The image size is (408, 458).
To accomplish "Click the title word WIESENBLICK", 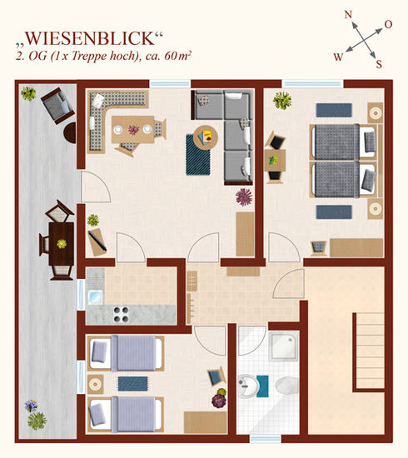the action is (90, 38).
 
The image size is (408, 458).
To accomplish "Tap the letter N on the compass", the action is (348, 14).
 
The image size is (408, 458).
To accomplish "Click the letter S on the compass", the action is (379, 63).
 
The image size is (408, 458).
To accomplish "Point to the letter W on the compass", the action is (338, 57).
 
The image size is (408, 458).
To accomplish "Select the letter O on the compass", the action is (388, 24).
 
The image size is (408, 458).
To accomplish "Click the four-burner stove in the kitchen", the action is (122, 314).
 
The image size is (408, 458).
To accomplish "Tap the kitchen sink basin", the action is (95, 296).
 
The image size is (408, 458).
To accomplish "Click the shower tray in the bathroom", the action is (284, 346).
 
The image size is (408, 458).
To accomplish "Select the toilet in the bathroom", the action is (286, 386).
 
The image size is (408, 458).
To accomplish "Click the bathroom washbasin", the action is (247, 386).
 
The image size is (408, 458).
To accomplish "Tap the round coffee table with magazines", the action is (206, 137).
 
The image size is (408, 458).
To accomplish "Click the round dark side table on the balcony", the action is (70, 132).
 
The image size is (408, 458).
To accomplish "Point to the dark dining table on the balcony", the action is (62, 244).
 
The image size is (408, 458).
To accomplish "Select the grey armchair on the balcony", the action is (57, 106).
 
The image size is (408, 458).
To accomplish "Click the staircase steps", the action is (370, 351).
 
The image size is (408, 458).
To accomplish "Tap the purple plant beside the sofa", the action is (244, 197).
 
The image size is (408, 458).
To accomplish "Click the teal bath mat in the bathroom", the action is (262, 386).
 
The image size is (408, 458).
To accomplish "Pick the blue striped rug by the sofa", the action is (197, 155).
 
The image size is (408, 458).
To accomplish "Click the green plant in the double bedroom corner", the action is (282, 101).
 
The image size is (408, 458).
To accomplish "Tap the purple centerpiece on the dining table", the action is (133, 130).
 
